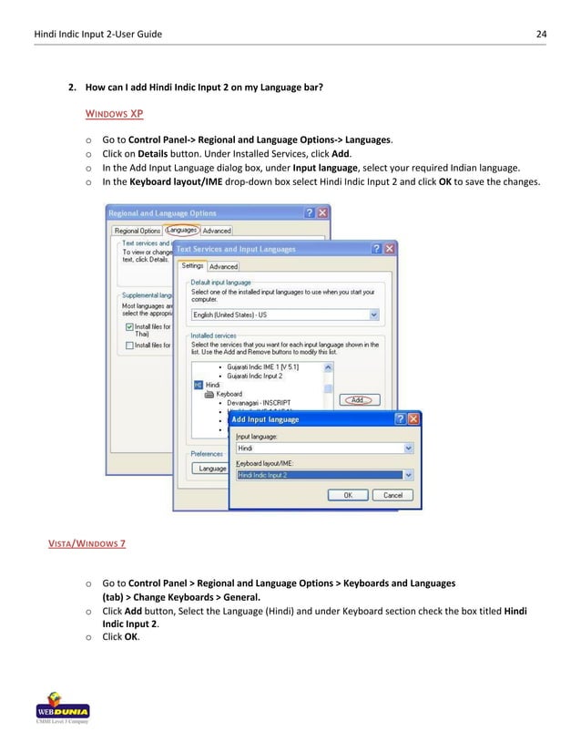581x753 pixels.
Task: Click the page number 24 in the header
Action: (541, 35)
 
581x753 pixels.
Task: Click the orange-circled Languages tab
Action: (181, 231)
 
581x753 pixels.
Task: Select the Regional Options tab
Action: (137, 231)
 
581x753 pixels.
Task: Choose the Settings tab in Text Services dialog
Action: (192, 266)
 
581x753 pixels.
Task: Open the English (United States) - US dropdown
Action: (284, 315)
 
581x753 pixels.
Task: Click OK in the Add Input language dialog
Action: (347, 495)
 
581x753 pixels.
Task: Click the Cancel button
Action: (392, 495)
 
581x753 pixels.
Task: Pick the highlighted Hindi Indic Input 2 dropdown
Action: (324, 475)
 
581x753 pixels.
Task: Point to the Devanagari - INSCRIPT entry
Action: (258, 402)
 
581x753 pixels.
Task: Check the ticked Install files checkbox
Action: (128, 325)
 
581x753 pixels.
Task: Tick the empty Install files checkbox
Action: (128, 346)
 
